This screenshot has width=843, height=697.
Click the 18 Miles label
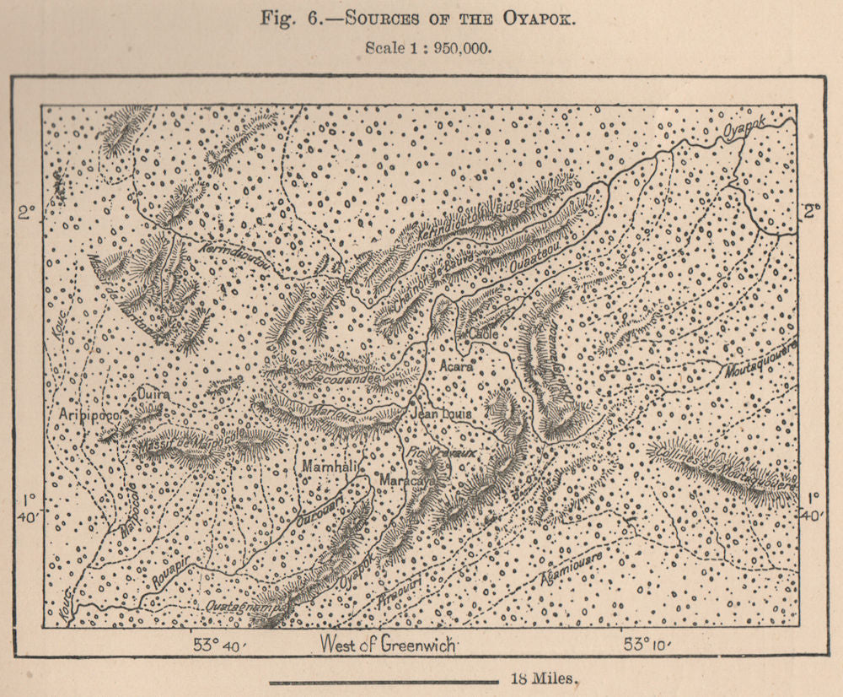click(544, 678)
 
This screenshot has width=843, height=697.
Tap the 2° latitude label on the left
click(29, 213)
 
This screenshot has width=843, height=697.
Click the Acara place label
click(457, 366)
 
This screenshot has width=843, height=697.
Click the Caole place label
click(485, 334)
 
